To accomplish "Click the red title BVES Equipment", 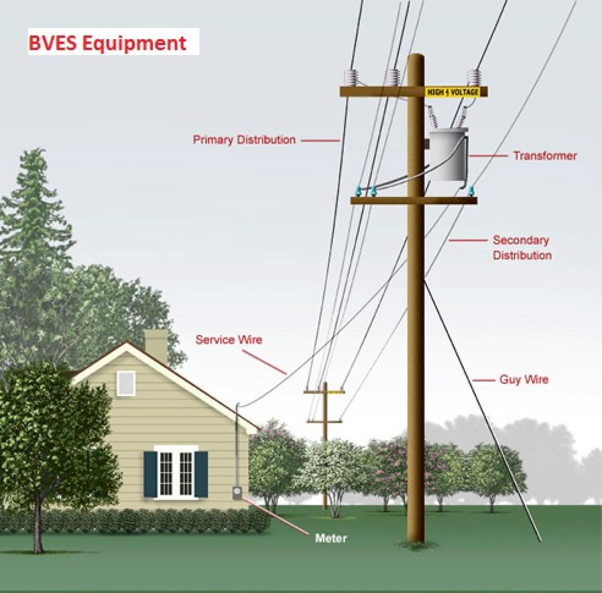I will (108, 43).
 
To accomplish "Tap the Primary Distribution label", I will (244, 140).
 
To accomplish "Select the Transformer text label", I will (545, 156).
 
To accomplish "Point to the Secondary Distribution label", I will (522, 248).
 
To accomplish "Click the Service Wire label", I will (229, 340).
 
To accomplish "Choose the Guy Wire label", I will (523, 379).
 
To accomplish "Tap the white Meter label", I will (331, 538).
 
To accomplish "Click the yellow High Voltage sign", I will (452, 92).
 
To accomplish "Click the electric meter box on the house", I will (237, 493).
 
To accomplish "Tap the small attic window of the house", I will (126, 382).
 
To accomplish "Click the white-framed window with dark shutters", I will (175, 472).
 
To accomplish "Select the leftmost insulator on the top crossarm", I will (351, 78).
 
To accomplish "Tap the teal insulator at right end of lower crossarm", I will (469, 191).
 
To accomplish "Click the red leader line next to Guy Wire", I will (483, 380).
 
